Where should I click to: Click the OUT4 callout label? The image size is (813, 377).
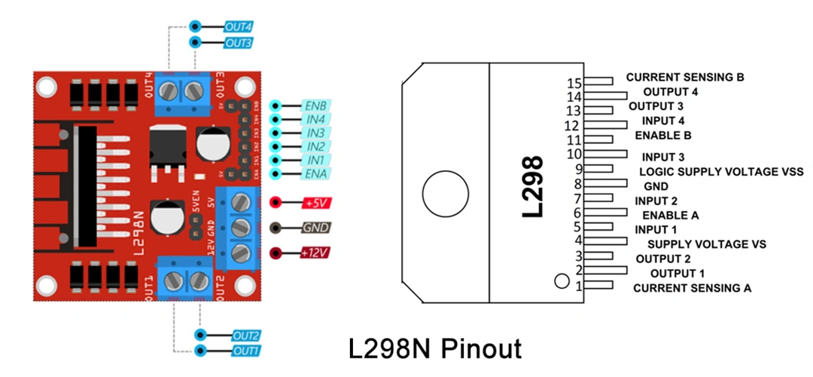[238, 26]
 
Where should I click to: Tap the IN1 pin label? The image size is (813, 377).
[315, 160]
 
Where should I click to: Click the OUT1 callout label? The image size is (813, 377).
[245, 351]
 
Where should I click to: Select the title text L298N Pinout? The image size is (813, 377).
[434, 349]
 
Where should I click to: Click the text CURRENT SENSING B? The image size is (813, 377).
[690, 77]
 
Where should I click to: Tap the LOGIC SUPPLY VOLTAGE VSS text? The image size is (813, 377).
[721, 172]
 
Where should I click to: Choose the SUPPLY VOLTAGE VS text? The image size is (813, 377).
[706, 244]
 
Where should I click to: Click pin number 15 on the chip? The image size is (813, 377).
[575, 82]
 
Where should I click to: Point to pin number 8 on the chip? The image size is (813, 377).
[577, 184]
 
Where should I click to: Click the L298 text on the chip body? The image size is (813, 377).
[533, 186]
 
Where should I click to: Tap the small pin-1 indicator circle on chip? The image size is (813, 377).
[561, 281]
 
